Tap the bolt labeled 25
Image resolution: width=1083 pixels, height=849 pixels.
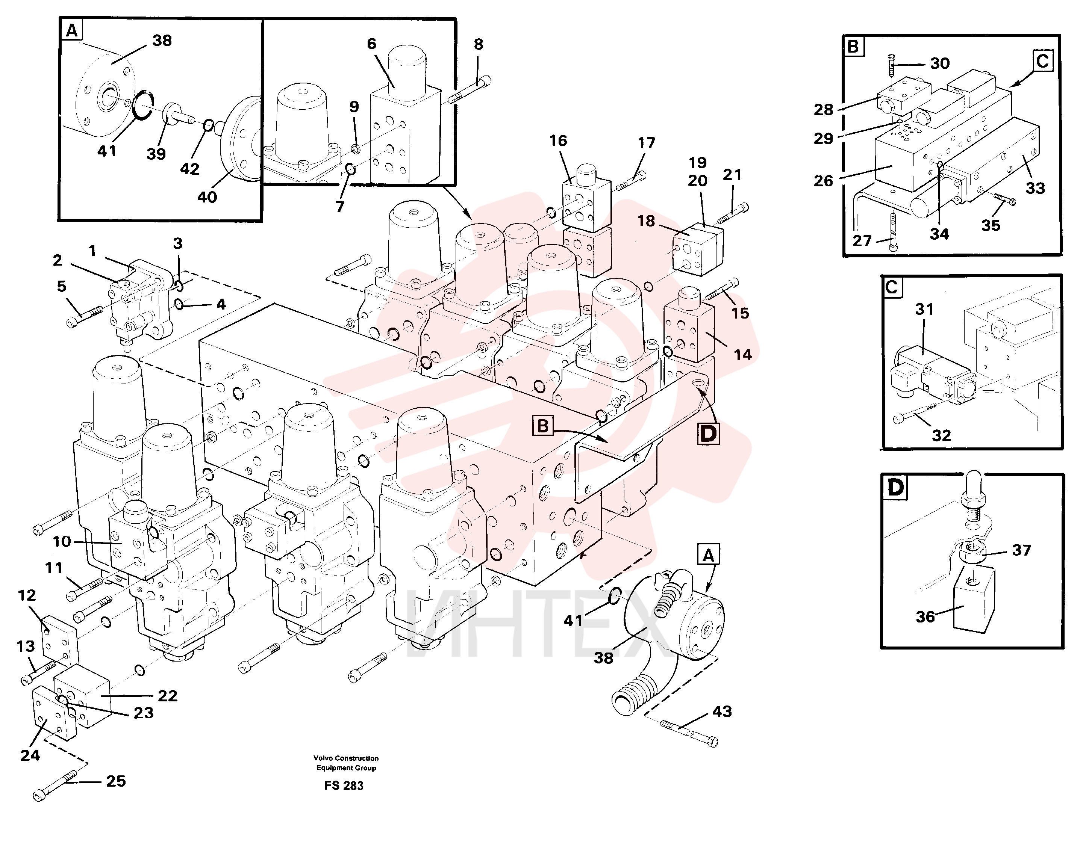[x=55, y=786]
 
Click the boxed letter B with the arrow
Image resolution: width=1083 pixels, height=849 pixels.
[x=543, y=426]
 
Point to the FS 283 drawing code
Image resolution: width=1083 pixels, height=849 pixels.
[x=344, y=786]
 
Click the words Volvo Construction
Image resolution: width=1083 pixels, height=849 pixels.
[x=346, y=758]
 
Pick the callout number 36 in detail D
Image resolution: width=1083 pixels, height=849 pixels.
[x=925, y=617]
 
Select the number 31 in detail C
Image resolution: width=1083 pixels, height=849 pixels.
[x=924, y=309]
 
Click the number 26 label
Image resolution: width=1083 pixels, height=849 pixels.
[x=823, y=181]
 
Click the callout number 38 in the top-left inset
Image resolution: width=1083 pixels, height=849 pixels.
[x=162, y=40]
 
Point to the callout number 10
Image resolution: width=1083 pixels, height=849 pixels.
[x=62, y=541]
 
